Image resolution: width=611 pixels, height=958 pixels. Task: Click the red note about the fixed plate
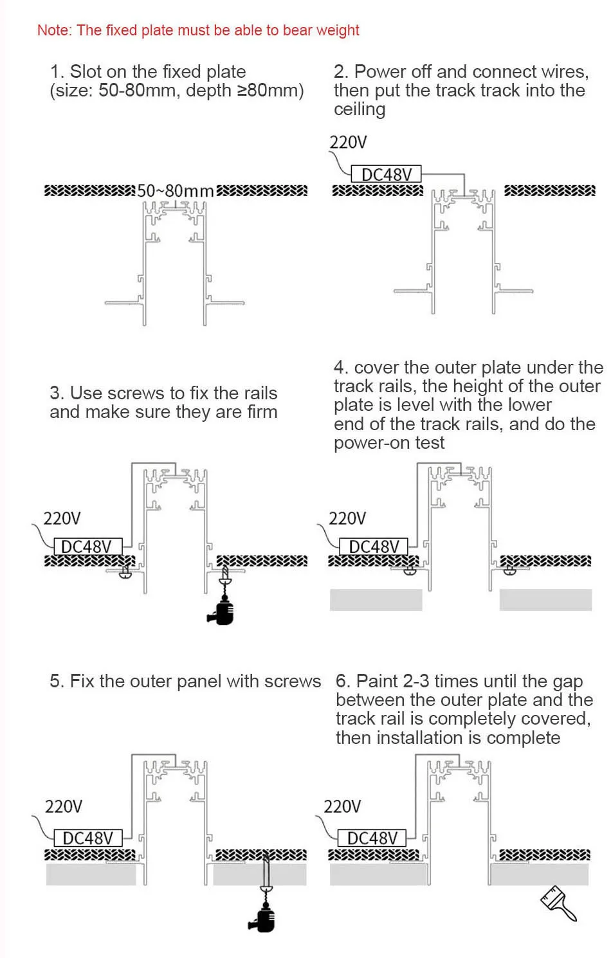198,30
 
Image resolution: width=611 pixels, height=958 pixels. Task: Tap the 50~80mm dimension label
175,191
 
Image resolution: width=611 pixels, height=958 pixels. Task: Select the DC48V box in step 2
386,174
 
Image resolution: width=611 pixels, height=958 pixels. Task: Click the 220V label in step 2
348,142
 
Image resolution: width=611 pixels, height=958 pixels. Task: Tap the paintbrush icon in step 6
558,903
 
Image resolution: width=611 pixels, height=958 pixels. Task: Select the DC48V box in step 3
87,547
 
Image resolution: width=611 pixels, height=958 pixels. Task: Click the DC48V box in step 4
373,547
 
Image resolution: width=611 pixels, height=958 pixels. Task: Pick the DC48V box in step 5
88,838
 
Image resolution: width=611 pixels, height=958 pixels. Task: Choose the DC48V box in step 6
372,838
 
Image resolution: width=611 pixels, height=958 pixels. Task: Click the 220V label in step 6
342,806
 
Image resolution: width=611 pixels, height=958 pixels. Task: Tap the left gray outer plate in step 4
376,600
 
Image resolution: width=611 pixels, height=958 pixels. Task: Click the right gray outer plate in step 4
545,600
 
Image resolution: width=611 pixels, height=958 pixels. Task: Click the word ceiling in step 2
360,109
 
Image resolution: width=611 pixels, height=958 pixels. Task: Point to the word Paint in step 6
377,681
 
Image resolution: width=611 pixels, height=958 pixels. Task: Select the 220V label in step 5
63,806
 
